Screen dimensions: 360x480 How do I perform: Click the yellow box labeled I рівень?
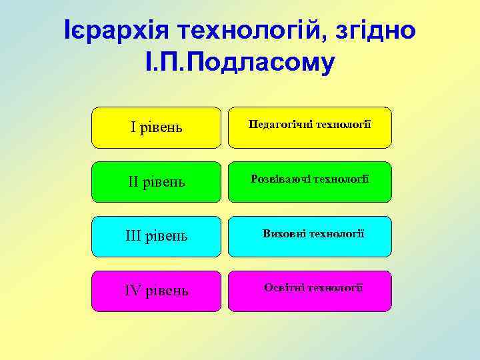coord(156,127)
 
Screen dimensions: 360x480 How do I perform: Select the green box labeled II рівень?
coord(156,182)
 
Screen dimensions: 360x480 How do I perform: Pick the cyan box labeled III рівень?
coord(156,237)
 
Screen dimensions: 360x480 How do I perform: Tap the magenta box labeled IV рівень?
coord(156,291)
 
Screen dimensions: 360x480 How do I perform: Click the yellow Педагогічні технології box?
coord(310,127)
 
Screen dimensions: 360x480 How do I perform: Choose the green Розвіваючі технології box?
coord(310,182)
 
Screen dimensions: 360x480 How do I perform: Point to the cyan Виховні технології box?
coord(310,237)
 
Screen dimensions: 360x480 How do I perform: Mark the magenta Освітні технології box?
coord(310,291)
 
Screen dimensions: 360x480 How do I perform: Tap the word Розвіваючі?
coord(276,179)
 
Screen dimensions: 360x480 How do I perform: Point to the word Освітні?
coord(284,287)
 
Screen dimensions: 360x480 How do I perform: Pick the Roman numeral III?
coord(134,237)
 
